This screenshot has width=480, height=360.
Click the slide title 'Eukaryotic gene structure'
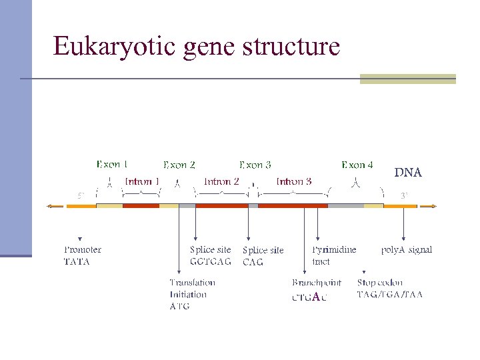[x=197, y=46]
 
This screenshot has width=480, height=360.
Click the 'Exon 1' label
[x=112, y=164]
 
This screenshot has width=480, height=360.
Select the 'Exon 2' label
[x=179, y=165]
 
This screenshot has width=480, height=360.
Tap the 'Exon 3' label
[x=255, y=165]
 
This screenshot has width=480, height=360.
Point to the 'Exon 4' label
[x=357, y=165]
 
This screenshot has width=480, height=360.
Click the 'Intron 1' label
[x=142, y=181]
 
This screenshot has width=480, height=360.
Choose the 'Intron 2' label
[x=221, y=181]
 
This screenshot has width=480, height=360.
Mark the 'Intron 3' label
[x=294, y=181]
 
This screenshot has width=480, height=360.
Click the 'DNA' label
[x=407, y=173]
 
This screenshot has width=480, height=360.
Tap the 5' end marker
[x=80, y=195]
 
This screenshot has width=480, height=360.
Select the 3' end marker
[x=404, y=195]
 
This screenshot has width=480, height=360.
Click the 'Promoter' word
[x=83, y=250]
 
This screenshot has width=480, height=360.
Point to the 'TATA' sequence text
[x=77, y=262]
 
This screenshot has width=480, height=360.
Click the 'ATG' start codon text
[x=179, y=307]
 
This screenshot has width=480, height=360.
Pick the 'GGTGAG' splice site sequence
[x=211, y=261]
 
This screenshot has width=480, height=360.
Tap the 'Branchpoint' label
[x=317, y=283]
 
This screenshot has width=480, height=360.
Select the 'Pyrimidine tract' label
[x=334, y=255]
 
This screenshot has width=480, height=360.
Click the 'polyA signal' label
[x=407, y=250]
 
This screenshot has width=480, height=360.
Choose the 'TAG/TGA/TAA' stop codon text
[x=390, y=294]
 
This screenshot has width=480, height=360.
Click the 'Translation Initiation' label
[x=192, y=289]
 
